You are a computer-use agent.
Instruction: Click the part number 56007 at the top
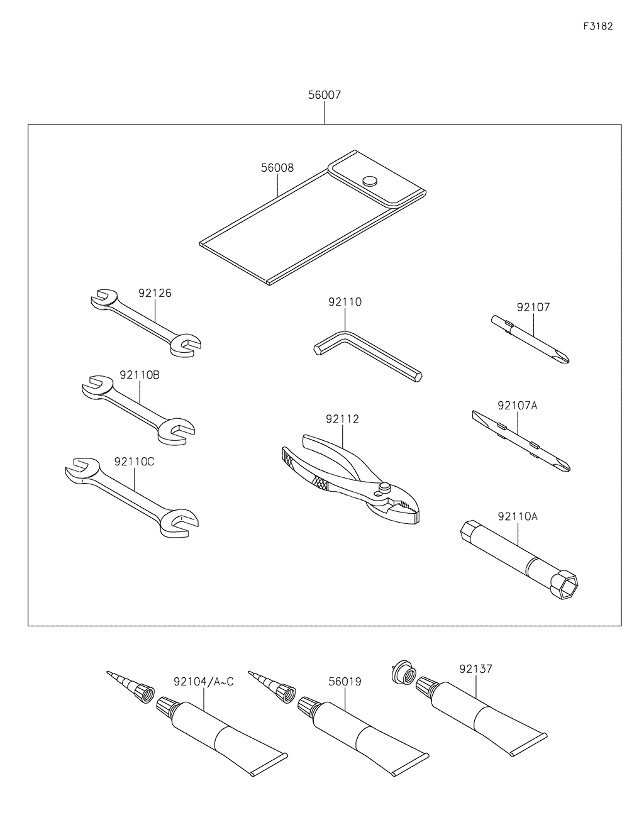pos(325,96)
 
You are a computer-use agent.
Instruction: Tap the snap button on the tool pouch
pos(370,180)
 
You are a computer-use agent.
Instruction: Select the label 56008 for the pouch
pos(277,168)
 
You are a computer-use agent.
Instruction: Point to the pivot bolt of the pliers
pos(384,487)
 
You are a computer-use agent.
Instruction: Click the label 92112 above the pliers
pos(343,419)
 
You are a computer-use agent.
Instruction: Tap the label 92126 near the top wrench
pos(155,293)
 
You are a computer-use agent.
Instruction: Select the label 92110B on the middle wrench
pos(140,375)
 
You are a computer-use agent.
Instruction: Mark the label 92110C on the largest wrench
pos(134,462)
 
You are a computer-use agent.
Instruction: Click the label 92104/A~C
pos(204,682)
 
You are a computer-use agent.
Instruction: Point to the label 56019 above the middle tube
pos(345,682)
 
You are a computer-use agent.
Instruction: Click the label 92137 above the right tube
pos(475,669)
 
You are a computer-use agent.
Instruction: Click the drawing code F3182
pos(597,26)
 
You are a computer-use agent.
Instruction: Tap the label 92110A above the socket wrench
pos(518,516)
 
